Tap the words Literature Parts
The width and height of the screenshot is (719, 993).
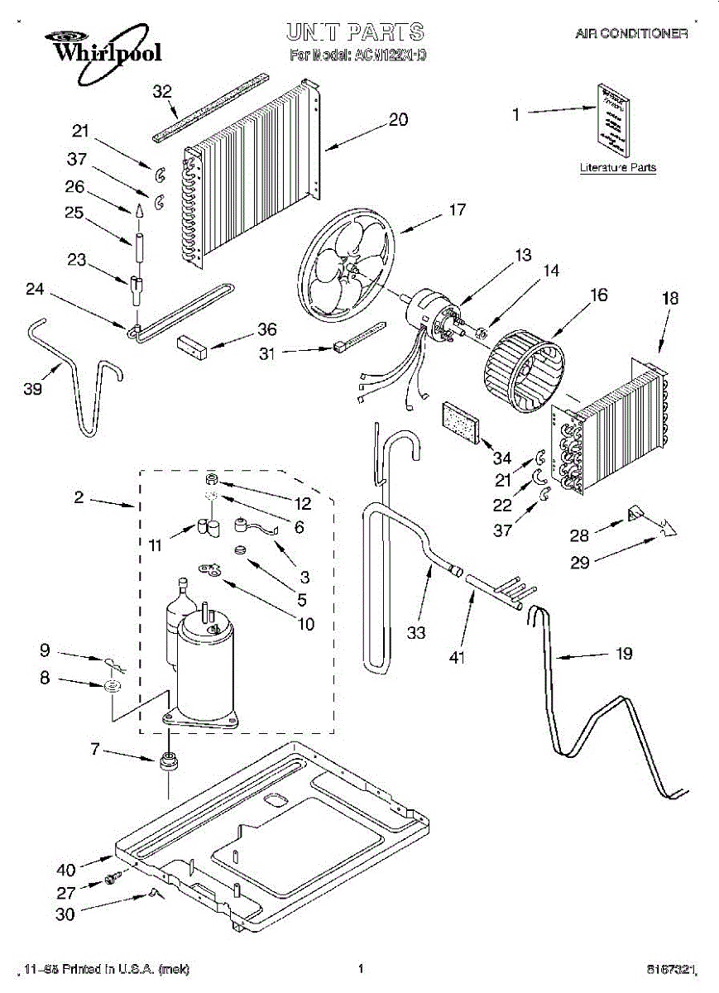pos(617,167)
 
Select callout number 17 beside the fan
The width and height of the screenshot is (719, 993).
pos(458,210)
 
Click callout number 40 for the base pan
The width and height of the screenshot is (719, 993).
pos(66,870)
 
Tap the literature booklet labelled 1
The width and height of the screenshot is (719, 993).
pos(613,119)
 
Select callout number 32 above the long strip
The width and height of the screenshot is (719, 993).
pos(162,91)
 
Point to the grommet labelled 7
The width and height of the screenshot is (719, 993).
pos(169,760)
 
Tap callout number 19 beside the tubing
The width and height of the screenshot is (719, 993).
pos(624,654)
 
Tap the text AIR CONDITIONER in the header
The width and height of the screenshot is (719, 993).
pos(632,34)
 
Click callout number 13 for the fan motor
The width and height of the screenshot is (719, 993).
pos(523,256)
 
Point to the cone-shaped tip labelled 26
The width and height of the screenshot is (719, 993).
pos(139,211)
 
